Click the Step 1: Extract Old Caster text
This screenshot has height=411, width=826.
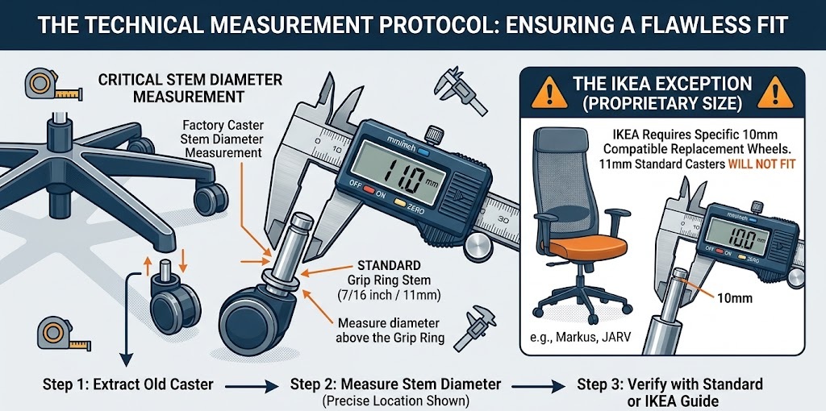pyautogui.click(x=127, y=384)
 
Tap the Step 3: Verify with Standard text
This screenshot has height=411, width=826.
pyautogui.click(x=670, y=384)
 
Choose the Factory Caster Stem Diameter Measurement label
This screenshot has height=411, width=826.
pyautogui.click(x=221, y=139)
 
